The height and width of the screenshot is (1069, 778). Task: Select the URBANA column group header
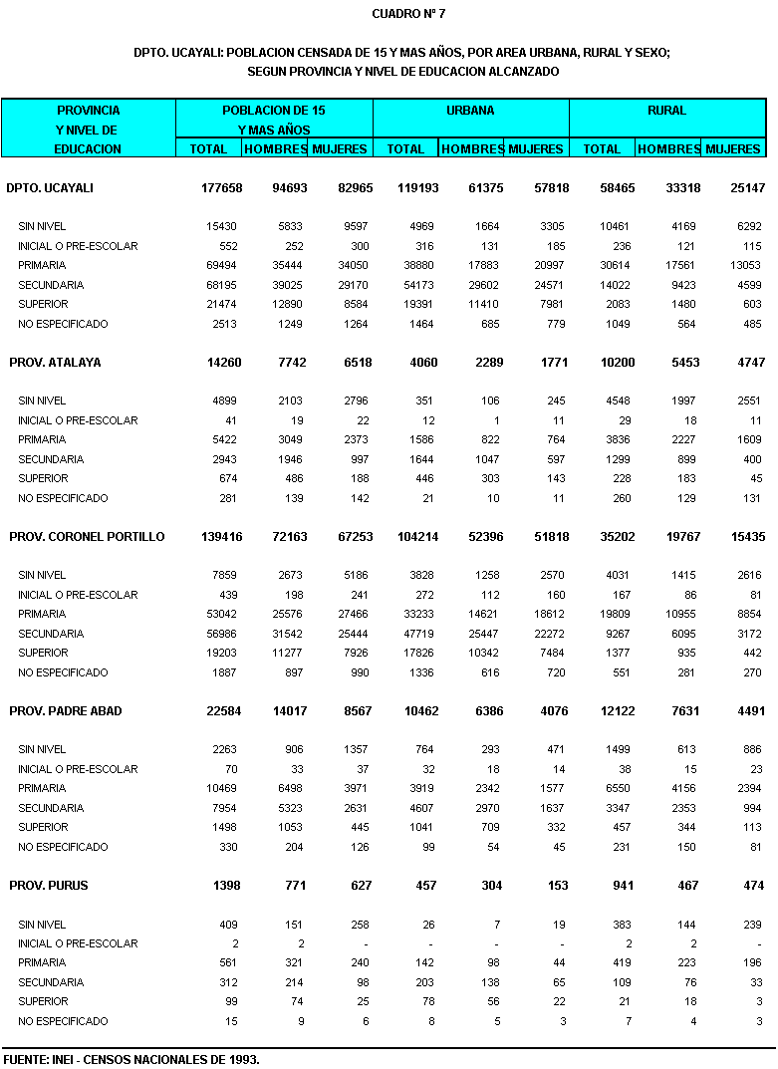coord(470,111)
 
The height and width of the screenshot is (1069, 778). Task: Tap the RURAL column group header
coord(667,111)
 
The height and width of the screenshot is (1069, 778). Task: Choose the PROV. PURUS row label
coord(48,886)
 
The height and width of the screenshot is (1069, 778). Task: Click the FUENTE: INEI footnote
coord(131,1059)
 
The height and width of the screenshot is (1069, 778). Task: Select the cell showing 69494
coord(220,266)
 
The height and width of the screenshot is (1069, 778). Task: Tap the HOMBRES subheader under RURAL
coord(669,149)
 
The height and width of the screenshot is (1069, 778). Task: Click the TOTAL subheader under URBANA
coord(405,149)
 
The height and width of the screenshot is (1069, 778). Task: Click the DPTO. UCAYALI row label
coord(50,188)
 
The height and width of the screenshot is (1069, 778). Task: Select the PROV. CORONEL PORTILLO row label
coord(87,537)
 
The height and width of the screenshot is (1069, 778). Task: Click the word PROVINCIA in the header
coord(88,111)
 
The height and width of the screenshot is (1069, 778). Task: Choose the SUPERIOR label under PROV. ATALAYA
coord(43,479)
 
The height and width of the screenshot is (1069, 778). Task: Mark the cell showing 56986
coord(220,634)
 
